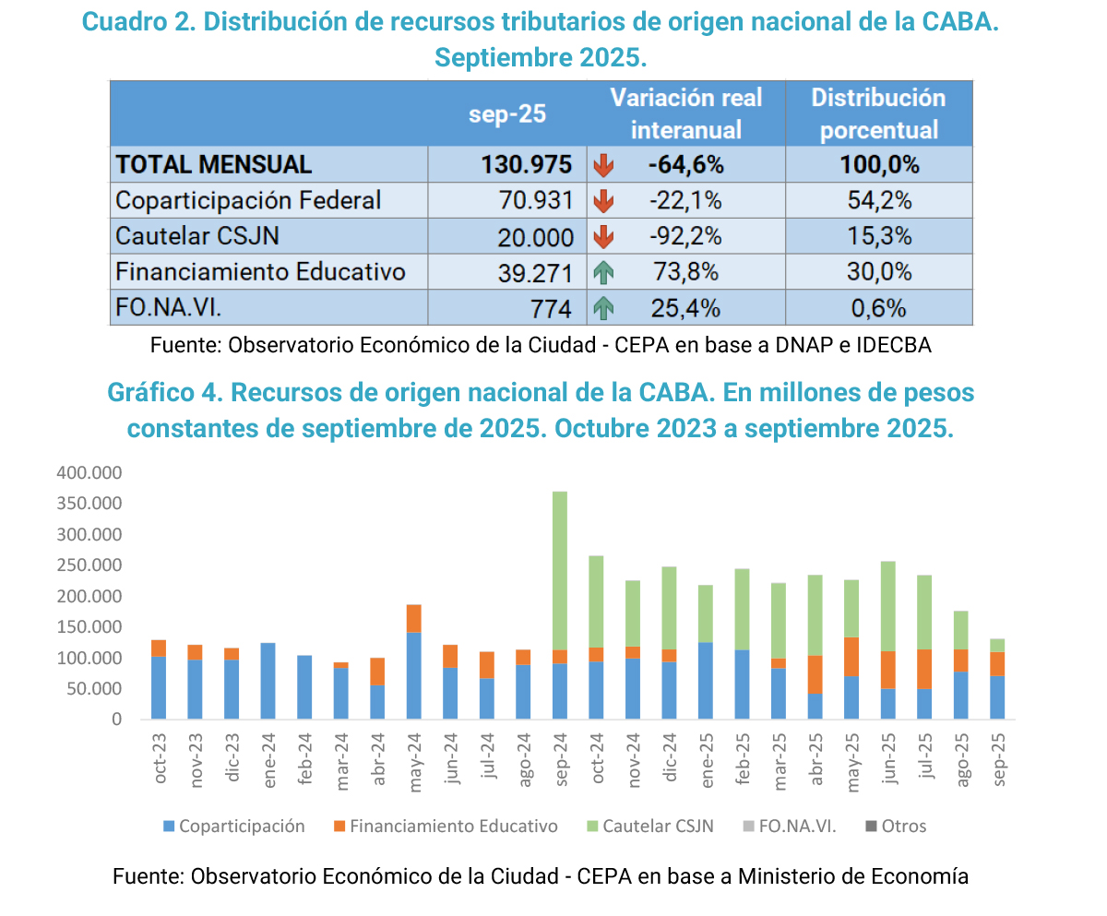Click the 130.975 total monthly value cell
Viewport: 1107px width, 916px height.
(527, 164)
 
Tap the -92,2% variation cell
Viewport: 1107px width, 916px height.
(684, 236)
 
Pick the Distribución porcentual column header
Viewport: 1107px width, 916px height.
(878, 113)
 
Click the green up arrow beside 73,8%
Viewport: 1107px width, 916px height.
(603, 272)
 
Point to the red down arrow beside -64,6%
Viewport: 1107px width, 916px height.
(603, 165)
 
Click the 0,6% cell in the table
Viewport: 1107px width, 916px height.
(878, 308)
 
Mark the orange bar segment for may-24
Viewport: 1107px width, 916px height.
(414, 618)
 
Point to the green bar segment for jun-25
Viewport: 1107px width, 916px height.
(887, 606)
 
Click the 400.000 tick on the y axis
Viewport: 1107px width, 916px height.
(89, 473)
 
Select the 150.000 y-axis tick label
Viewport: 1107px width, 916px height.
(89, 627)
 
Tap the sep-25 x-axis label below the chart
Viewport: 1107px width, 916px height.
(996, 759)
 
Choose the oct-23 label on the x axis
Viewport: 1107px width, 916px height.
(160, 759)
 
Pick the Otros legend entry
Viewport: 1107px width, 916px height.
(903, 826)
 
